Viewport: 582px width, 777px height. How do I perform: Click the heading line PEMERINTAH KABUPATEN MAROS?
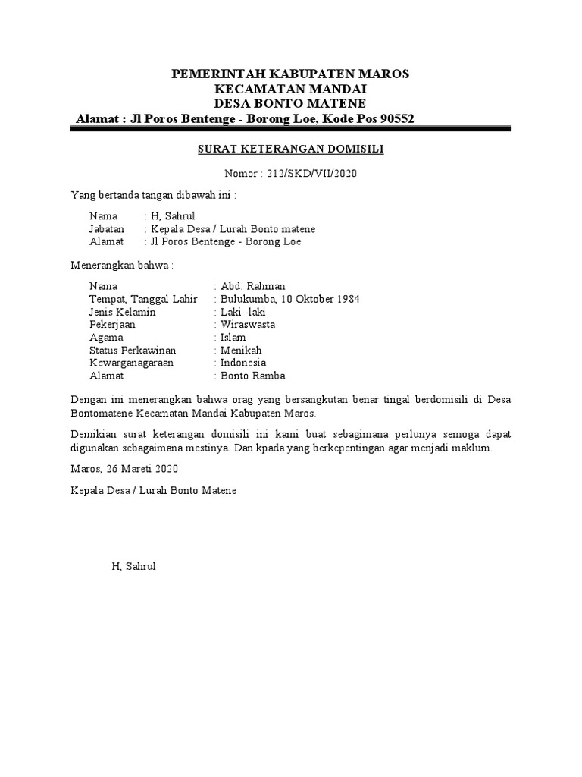[x=290, y=74]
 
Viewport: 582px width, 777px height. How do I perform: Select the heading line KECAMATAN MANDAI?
[x=290, y=89]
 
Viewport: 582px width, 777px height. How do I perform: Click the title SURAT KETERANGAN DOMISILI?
[x=291, y=149]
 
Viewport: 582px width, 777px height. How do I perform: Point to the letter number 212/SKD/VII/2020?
[x=312, y=174]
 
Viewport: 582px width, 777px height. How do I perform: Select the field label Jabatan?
[x=108, y=229]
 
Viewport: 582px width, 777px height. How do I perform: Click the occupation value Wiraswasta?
[x=248, y=325]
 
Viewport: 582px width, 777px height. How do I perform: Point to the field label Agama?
[x=106, y=338]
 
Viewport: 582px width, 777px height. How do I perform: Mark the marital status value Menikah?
[x=241, y=351]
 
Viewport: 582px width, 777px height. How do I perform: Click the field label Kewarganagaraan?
[x=131, y=363]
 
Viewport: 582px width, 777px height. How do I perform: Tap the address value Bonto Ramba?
[x=252, y=376]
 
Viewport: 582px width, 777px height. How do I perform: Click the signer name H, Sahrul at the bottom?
[x=133, y=566]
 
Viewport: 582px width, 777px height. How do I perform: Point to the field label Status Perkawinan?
[x=133, y=351]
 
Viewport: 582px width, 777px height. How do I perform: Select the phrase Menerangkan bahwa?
[x=121, y=266]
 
